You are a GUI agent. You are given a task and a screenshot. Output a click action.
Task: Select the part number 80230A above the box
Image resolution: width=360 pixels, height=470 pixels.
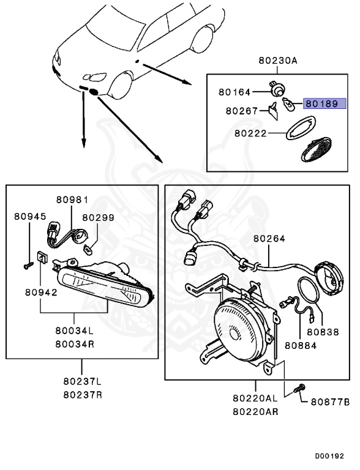tap(278, 61)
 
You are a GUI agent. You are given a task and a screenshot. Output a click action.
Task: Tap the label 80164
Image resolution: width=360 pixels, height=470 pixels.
tap(234, 92)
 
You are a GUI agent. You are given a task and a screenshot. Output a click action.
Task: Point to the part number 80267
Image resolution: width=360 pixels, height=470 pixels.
tap(242, 111)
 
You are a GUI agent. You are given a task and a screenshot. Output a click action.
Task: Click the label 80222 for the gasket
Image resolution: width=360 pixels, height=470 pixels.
tap(250, 133)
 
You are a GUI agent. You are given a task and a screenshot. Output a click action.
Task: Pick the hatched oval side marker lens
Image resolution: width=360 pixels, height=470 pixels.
tap(316, 149)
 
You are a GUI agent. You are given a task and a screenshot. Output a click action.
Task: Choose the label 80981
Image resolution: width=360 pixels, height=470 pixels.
tap(72, 200)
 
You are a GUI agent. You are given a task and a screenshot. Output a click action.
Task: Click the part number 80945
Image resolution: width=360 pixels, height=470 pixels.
tap(30, 217)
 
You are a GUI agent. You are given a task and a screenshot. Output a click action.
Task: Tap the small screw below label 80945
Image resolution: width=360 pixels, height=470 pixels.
tap(29, 265)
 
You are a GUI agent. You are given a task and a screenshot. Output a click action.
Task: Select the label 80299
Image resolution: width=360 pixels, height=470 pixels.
tap(99, 218)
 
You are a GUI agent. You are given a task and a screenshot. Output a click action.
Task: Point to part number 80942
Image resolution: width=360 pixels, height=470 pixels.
tap(41, 293)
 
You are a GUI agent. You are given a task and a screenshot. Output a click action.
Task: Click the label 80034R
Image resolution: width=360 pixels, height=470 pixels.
tap(75, 344)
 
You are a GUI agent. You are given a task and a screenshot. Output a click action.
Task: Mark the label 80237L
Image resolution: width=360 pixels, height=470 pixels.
tap(83, 382)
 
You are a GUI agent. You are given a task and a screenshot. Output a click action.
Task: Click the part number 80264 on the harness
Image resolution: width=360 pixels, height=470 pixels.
tap(269, 239)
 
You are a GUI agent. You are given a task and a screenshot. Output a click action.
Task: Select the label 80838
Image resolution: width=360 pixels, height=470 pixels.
tap(323, 332)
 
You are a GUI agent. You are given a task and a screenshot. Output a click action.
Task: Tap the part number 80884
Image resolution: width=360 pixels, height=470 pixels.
tap(301, 346)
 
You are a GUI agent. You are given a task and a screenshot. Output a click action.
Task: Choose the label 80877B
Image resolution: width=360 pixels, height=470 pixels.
tap(330, 402)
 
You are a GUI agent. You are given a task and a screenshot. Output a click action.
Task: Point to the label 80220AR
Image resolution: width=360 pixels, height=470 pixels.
tap(255, 412)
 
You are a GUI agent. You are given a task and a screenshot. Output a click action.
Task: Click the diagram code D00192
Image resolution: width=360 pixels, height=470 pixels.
tap(329, 456)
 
